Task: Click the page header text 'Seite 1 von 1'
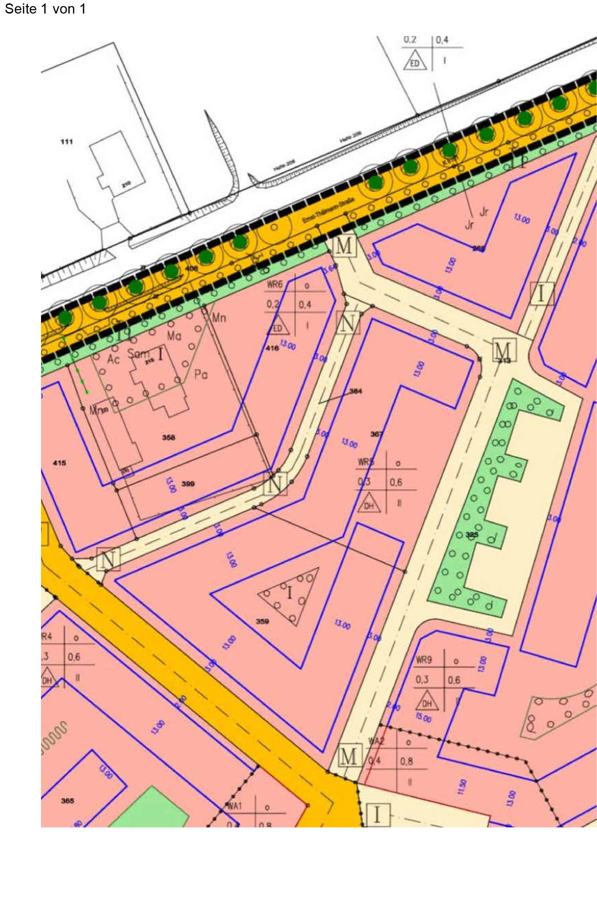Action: click(x=45, y=9)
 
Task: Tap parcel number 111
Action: click(x=67, y=142)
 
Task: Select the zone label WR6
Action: click(x=276, y=285)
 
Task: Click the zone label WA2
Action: click(x=376, y=741)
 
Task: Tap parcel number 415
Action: click(x=59, y=463)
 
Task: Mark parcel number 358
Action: click(x=169, y=437)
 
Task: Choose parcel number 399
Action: click(x=188, y=484)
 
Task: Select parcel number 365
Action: click(x=67, y=801)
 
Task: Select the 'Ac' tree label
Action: click(x=113, y=360)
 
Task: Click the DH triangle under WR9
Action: click(x=427, y=703)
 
